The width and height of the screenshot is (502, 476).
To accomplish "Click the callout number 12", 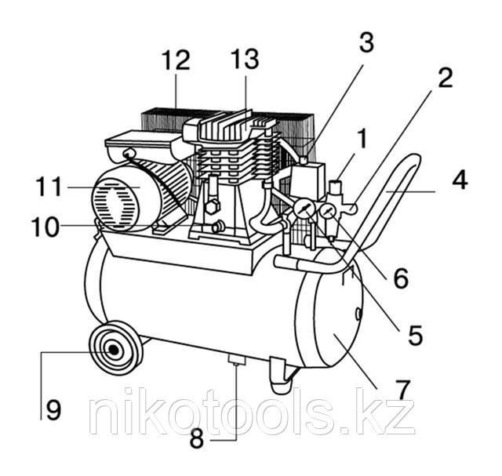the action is [x=176, y=60].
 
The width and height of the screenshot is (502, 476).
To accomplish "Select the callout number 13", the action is [x=246, y=59].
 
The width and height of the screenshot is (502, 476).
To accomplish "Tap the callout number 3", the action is [x=366, y=42].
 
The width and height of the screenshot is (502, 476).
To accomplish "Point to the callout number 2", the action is [x=446, y=78].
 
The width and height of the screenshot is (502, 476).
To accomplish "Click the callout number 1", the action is [x=362, y=139].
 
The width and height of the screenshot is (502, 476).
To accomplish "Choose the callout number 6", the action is [x=401, y=278].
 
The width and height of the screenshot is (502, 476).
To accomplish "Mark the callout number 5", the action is [x=416, y=335].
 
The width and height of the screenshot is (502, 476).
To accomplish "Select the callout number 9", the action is [x=53, y=410].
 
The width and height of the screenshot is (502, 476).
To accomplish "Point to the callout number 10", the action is [x=45, y=227].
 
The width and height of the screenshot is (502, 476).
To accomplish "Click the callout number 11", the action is [x=49, y=187].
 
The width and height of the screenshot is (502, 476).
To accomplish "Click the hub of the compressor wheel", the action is [x=113, y=350].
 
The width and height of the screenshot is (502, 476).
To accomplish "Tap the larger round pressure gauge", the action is [x=303, y=209].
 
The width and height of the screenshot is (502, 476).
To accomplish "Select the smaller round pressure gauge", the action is [x=327, y=211].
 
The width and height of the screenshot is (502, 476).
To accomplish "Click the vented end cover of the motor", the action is [x=115, y=204].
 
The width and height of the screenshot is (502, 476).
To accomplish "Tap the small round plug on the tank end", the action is [x=359, y=314].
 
